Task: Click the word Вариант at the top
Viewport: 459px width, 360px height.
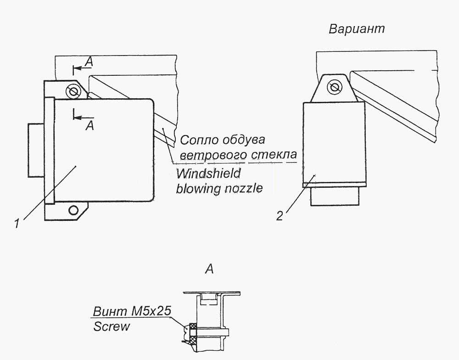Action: pos(357,29)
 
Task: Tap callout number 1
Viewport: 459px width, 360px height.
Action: pos(17,223)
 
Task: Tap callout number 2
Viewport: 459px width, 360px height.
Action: pos(280,216)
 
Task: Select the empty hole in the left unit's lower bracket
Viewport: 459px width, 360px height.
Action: pos(73,210)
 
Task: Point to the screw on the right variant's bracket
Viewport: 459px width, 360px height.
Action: pos(335,87)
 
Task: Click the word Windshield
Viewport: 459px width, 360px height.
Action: pos(208,174)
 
